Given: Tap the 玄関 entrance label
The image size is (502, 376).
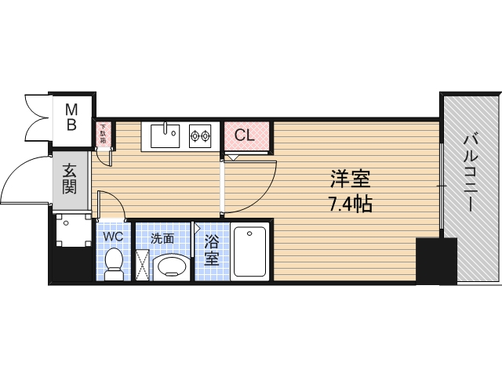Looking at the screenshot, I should pyautogui.click(x=70, y=179).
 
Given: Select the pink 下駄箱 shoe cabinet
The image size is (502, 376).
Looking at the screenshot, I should pyautogui.click(x=103, y=136).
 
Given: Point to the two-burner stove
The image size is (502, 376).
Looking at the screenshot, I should pyautogui.click(x=200, y=136).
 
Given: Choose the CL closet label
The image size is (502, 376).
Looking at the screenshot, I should pyautogui.click(x=246, y=136).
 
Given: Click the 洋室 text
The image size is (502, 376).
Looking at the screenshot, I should pyautogui.click(x=350, y=179).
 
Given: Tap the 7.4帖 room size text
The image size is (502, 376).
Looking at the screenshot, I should pyautogui.click(x=350, y=204).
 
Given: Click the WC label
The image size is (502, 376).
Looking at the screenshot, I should pyautogui.click(x=113, y=235).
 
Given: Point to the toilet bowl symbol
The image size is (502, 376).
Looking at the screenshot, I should pyautogui.click(x=114, y=262).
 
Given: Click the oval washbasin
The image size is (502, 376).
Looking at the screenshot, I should pyautogui.click(x=171, y=267).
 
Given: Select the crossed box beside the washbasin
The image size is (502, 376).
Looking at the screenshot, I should pyautogui.click(x=142, y=265).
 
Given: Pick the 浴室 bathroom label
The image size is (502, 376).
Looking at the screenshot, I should pyautogui.click(x=212, y=250).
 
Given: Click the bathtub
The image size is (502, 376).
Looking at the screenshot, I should pyautogui.click(x=250, y=251).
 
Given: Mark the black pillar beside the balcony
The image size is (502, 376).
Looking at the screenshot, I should pyautogui.click(x=435, y=261).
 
